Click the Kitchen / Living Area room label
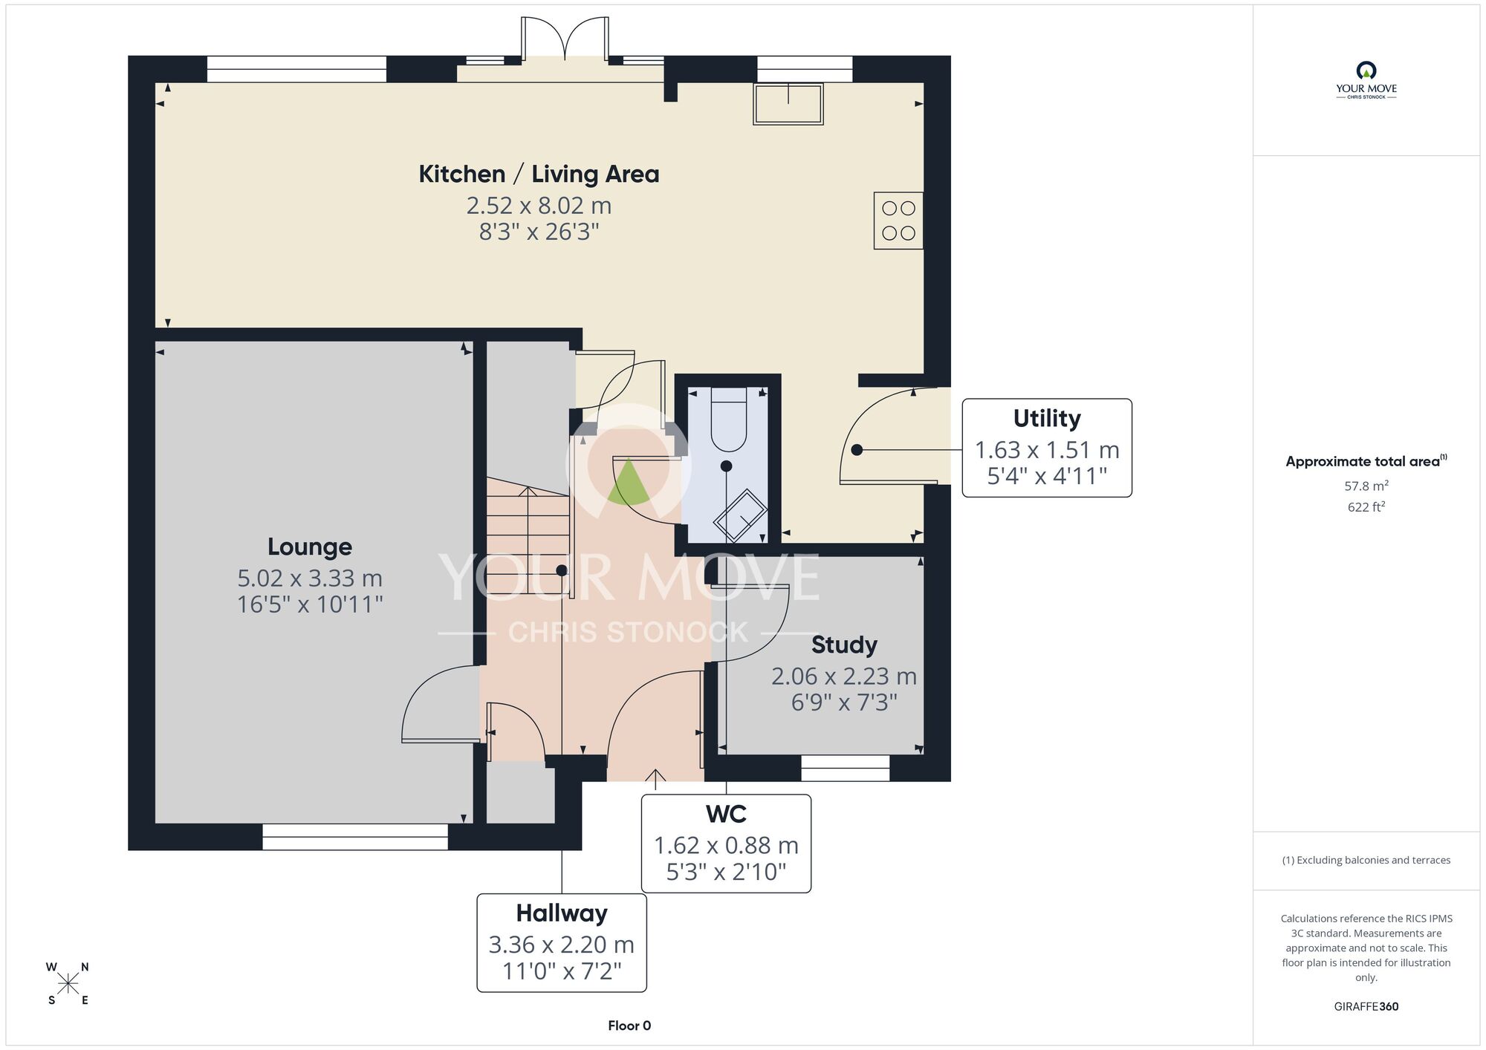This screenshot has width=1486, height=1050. point(539,174)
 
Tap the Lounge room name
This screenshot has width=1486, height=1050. point(310,547)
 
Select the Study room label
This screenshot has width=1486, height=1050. point(844,645)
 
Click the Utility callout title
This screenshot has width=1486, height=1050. point(1047,419)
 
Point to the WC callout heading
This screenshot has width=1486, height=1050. point(726,814)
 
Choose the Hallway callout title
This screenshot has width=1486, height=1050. point(562,913)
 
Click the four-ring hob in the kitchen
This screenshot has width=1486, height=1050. point(898,221)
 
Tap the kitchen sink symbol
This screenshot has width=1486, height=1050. point(788,104)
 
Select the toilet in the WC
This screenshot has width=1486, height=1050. point(728,419)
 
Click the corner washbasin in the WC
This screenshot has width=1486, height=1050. point(740,515)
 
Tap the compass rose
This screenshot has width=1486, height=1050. point(68,984)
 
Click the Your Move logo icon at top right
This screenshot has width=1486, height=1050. point(1366,71)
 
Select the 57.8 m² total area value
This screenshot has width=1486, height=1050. point(1366,486)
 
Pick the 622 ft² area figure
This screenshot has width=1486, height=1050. point(1366,507)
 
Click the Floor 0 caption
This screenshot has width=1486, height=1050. point(629,1025)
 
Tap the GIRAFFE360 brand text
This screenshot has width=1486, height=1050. point(1366,1007)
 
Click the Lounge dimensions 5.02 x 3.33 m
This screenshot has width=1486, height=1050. point(310,578)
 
